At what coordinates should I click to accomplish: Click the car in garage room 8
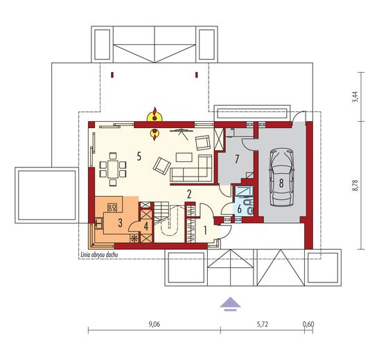(x=282, y=177)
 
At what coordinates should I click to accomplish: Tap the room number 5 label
(x=139, y=156)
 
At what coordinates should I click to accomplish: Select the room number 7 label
(x=237, y=159)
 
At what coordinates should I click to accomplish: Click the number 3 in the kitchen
(x=120, y=223)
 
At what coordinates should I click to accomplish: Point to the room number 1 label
(x=205, y=231)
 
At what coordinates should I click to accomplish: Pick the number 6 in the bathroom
(x=239, y=209)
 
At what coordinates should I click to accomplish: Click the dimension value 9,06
(x=155, y=324)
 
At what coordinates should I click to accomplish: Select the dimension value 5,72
(x=263, y=324)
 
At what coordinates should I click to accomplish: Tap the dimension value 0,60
(x=308, y=324)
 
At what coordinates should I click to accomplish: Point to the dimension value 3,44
(x=355, y=97)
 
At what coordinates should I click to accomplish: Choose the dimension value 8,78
(x=355, y=186)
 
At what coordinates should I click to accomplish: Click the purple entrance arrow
(x=230, y=303)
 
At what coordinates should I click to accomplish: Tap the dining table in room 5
(x=113, y=169)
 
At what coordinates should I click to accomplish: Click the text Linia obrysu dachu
(x=98, y=255)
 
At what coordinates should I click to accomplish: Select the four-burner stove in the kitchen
(x=112, y=208)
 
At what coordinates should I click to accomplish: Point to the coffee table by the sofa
(x=184, y=157)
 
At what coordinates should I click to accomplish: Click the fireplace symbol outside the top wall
(x=155, y=114)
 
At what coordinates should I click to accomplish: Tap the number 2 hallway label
(x=189, y=194)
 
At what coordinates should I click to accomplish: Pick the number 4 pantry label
(x=146, y=226)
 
